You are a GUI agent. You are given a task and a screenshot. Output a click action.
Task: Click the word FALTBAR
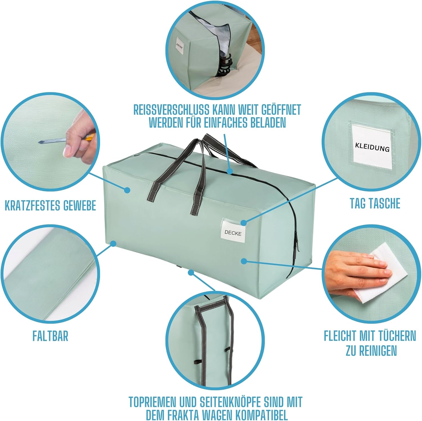50,336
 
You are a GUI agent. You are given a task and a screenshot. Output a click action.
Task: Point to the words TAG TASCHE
375,203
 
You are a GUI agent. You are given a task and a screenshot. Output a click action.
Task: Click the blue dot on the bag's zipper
229,171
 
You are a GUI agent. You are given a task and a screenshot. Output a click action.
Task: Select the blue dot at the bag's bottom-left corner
113,243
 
